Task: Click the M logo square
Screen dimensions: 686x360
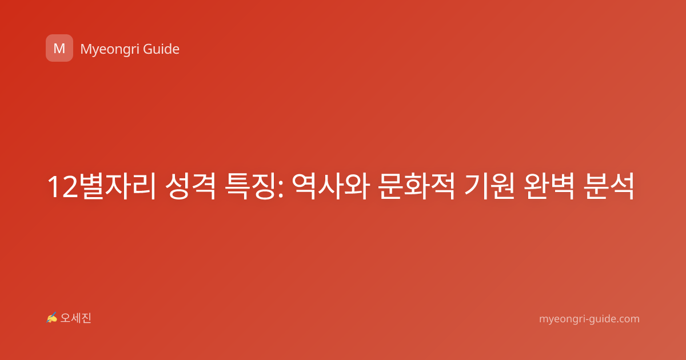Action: point(59,48)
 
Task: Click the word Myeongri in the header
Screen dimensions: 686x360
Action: point(109,49)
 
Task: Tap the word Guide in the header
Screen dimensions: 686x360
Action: point(161,49)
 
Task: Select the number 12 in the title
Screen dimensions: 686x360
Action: point(63,187)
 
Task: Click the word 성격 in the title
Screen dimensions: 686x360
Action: point(190,186)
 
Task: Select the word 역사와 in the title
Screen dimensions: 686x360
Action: point(330,186)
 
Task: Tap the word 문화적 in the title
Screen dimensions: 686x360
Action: point(417,186)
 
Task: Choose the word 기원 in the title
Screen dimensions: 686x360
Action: point(489,186)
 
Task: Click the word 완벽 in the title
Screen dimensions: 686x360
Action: point(548,186)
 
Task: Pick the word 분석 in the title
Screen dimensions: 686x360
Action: point(608,186)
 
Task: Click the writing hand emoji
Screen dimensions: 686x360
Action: point(51,318)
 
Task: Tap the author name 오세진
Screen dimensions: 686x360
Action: point(75,318)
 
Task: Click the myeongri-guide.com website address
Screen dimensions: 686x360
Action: point(589,319)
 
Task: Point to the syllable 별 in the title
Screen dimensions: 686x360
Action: point(92,186)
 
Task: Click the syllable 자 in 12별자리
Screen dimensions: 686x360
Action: point(118,186)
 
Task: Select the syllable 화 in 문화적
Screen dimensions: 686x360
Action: point(417,186)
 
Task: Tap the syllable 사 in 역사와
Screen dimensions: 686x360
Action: point(331,186)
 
